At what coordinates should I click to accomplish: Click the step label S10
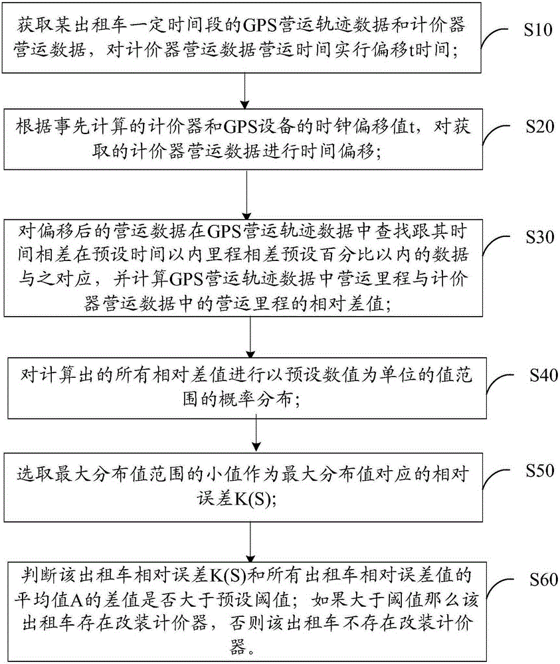[538, 30]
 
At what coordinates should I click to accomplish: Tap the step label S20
[540, 127]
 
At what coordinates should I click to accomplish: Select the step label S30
[540, 237]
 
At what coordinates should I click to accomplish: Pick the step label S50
[540, 471]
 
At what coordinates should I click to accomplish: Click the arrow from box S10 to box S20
[244, 91]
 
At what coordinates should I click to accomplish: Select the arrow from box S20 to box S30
[246, 195]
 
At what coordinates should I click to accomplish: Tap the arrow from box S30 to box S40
[250, 337]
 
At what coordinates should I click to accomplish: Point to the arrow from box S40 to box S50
[256, 436]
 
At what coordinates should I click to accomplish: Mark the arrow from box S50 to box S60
[250, 542]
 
